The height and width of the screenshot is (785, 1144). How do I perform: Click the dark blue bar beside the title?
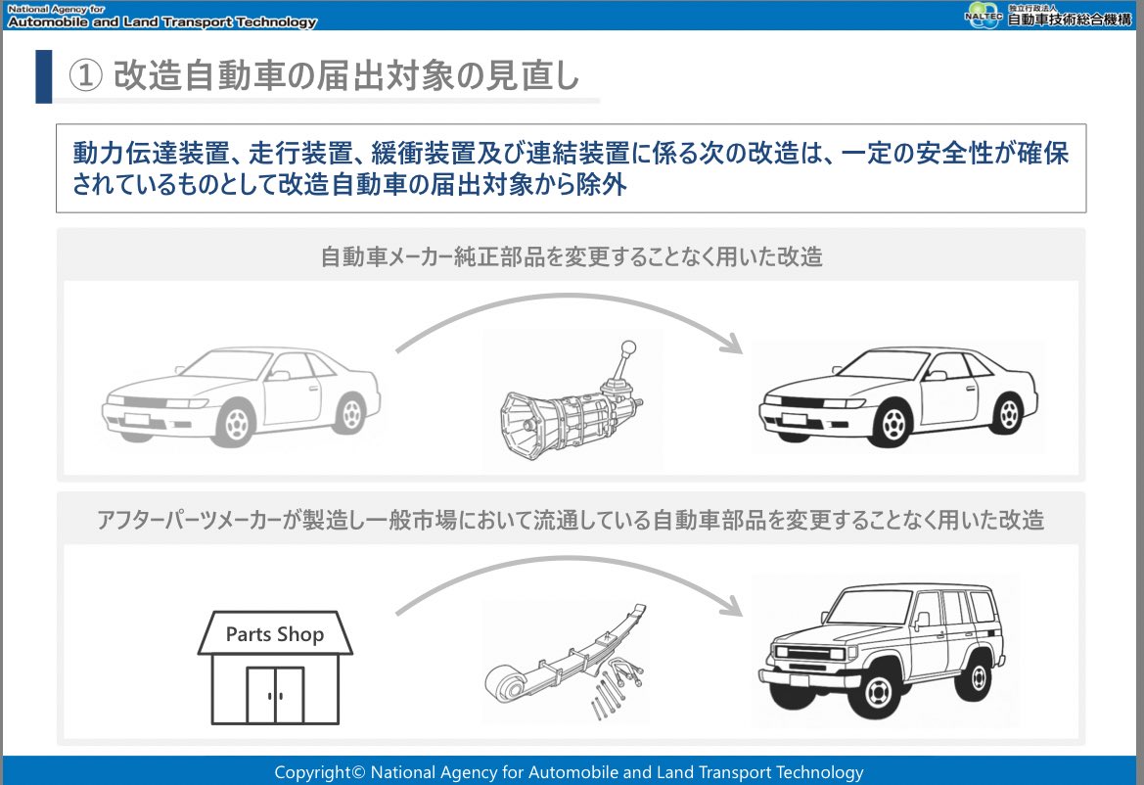pos(43,76)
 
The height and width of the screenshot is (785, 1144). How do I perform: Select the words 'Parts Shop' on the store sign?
pos(274,634)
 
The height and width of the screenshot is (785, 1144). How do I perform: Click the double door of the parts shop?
pos(275,695)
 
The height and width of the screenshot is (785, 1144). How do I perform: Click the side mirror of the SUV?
pos(922,620)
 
